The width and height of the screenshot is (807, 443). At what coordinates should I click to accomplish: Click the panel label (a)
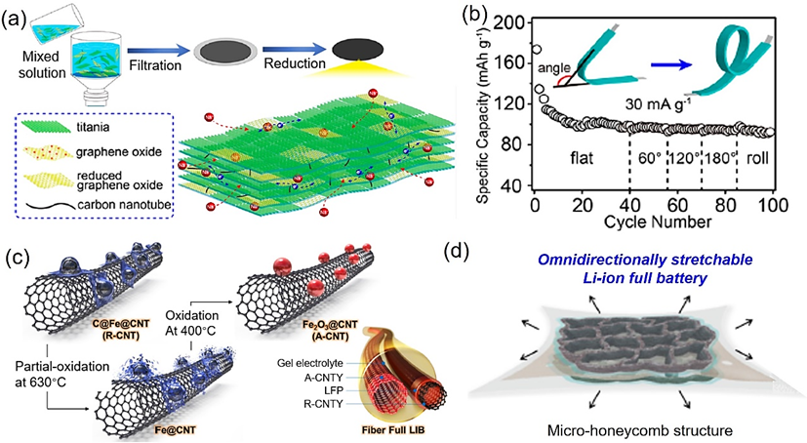(x=16, y=15)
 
